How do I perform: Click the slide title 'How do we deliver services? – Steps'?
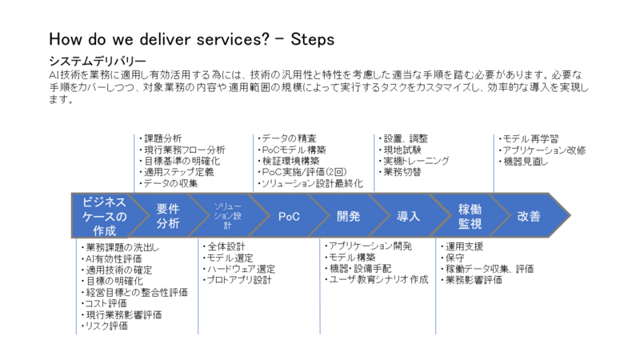pos(191,39)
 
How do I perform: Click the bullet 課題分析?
pos(165,138)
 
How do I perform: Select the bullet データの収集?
pos(170,183)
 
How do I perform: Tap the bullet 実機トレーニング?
pos(415,161)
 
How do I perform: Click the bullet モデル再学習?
pos(532,138)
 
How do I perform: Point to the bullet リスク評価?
pos(106,326)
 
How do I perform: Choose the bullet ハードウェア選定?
pos(240,269)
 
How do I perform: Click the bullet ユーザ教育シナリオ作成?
pos(377,280)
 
